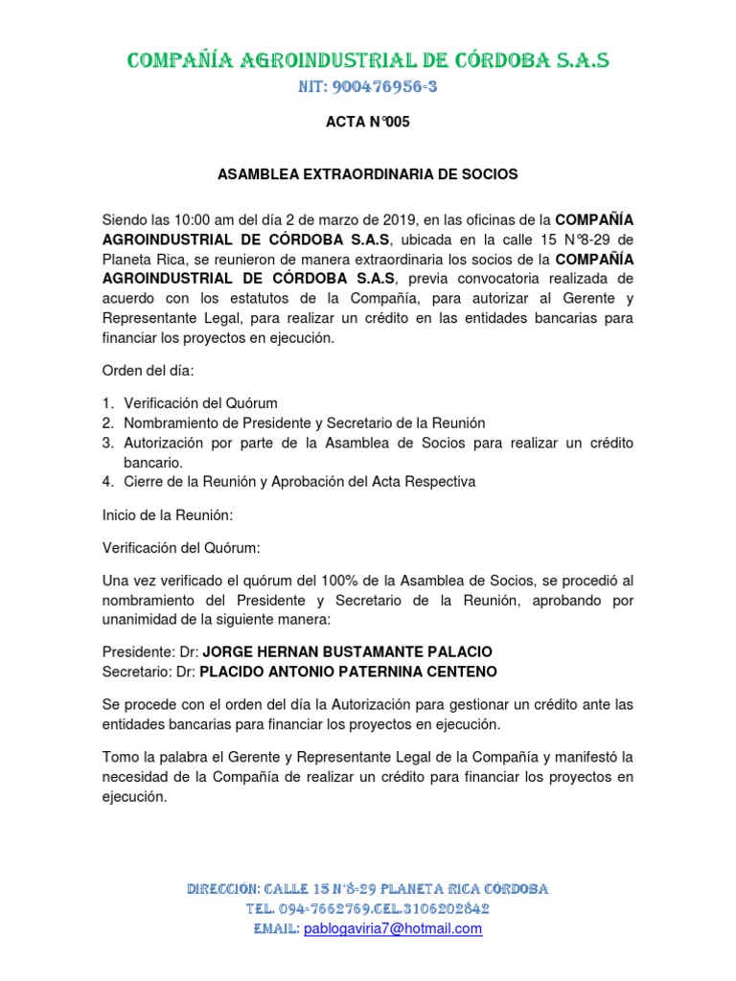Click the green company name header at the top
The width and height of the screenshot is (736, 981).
[x=368, y=61]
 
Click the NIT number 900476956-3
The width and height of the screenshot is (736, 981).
[x=368, y=88]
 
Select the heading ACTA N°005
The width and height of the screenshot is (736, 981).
[x=368, y=124]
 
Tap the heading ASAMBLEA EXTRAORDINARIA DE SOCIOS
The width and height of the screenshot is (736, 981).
[x=368, y=174]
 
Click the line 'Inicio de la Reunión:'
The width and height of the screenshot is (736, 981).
[x=167, y=514]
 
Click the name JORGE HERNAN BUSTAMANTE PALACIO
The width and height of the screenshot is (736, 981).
[x=348, y=651]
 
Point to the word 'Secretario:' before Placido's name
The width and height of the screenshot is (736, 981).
[x=138, y=671]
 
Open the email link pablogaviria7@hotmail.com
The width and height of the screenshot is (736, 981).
[x=393, y=929]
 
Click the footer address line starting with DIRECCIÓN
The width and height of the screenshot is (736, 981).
[x=368, y=889]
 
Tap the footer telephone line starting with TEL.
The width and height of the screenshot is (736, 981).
[x=368, y=909]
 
